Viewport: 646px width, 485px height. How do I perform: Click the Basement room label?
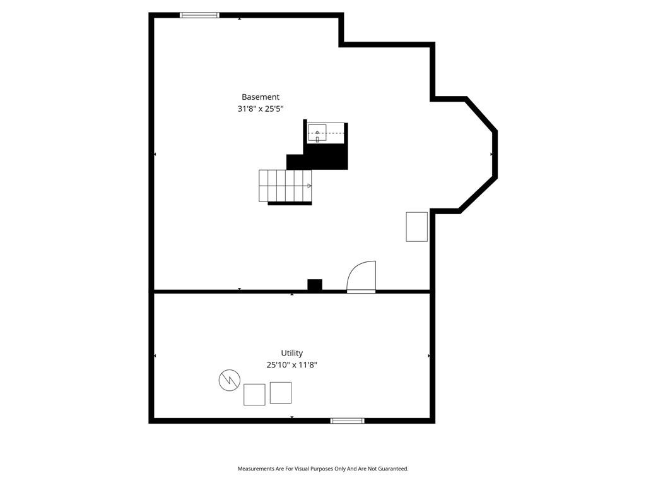261,97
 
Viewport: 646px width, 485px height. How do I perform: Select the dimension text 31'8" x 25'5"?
261,109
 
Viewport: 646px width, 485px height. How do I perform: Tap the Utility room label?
291,353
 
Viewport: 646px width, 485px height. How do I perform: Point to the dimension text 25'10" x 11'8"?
291,364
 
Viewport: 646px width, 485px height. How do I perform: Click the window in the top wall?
199,15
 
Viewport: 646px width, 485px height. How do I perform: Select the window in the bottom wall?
348,421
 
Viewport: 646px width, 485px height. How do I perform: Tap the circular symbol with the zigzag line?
230,380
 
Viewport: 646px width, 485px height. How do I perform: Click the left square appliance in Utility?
254,395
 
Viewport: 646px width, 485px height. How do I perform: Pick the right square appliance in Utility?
281,393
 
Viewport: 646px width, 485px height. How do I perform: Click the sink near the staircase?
317,133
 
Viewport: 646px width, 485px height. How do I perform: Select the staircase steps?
285,186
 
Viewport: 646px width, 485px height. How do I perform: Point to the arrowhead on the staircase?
309,186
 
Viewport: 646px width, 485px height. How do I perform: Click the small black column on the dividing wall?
315,285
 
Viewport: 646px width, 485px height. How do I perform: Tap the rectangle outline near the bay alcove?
416,227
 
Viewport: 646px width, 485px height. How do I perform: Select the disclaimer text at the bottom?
323,469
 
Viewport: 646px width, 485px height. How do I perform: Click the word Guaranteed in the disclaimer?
394,469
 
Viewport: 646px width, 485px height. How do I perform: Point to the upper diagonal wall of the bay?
481,115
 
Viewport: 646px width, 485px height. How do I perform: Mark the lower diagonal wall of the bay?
478,195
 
